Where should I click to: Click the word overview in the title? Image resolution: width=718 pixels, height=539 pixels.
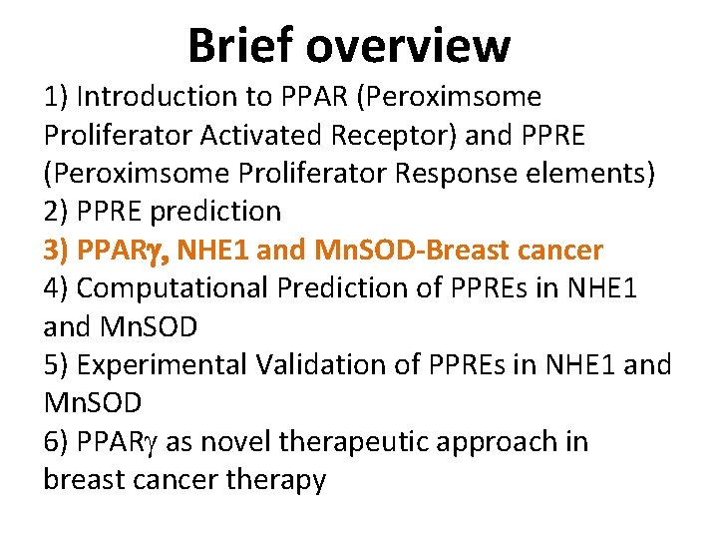pyautogui.click(x=410, y=45)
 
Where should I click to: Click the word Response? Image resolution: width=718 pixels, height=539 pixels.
pyautogui.click(x=461, y=173)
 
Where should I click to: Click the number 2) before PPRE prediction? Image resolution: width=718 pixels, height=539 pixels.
pyautogui.click(x=56, y=212)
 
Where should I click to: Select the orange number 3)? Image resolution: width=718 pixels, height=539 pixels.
pyautogui.click(x=56, y=250)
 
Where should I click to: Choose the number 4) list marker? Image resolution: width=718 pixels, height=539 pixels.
pyautogui.click(x=56, y=287)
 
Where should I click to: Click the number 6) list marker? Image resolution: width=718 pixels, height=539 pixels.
pyautogui.click(x=56, y=441)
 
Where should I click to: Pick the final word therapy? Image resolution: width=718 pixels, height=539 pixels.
pyautogui.click(x=280, y=480)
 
